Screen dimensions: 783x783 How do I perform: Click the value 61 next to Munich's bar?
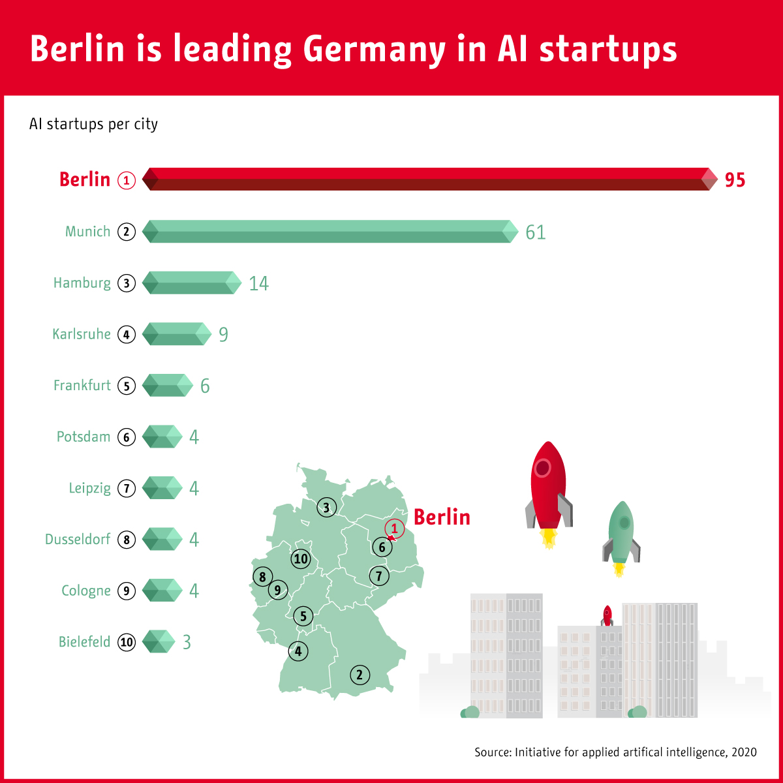click(536, 232)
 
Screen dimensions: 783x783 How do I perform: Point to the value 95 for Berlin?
click(735, 180)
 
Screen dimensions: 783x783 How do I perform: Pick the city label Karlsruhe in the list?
click(82, 334)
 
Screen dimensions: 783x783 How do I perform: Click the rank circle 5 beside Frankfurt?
click(127, 386)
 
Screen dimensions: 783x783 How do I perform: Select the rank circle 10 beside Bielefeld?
click(127, 643)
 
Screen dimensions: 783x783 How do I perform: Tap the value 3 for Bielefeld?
click(187, 643)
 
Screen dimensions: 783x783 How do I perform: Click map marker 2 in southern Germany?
click(360, 675)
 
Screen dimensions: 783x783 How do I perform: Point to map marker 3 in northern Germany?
click(326, 507)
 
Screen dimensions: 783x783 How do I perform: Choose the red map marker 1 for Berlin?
click(394, 527)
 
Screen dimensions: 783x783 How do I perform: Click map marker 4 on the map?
click(298, 651)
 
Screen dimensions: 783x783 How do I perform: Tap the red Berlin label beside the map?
click(442, 517)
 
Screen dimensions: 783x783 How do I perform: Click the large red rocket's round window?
click(542, 467)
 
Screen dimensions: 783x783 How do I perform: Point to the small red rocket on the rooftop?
click(607, 615)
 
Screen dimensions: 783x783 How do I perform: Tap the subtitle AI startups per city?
click(93, 124)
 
